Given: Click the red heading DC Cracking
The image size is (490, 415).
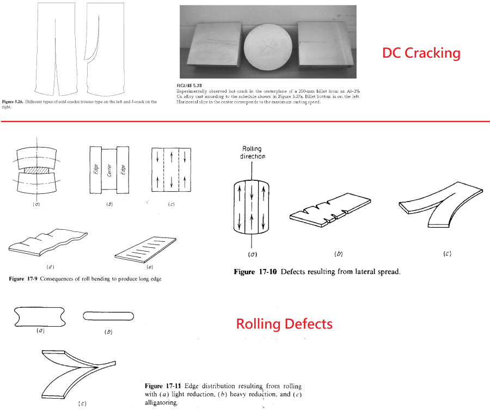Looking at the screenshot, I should point(421,53).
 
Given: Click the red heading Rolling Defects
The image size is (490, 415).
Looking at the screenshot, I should point(284,324).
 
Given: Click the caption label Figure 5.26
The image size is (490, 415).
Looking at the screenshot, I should point(13,102).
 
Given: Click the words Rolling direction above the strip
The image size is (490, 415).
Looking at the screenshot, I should point(253,152).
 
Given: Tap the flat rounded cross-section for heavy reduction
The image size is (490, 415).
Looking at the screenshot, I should point(108,316).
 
